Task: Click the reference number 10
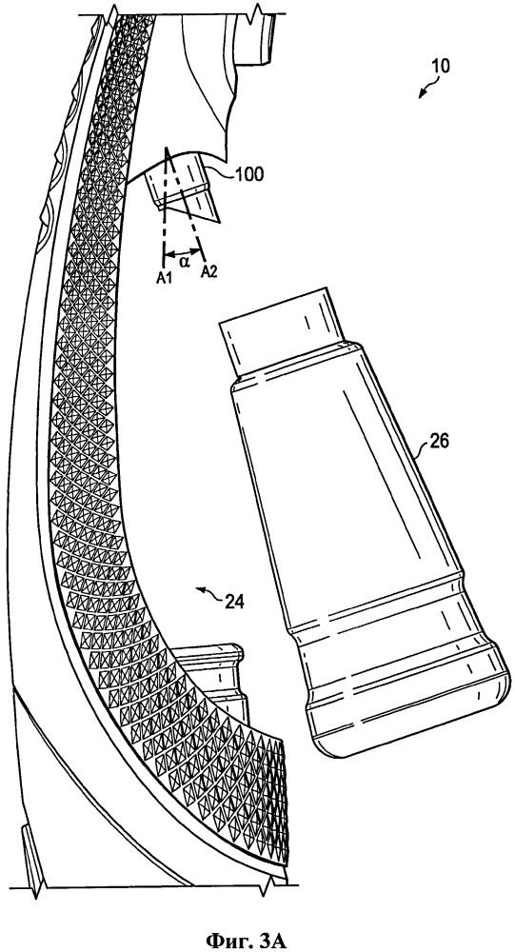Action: click(x=441, y=67)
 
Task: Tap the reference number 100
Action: click(x=249, y=175)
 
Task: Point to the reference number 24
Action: click(x=234, y=602)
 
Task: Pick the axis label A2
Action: click(x=208, y=272)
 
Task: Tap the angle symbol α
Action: click(x=184, y=263)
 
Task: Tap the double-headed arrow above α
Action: click(x=183, y=251)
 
